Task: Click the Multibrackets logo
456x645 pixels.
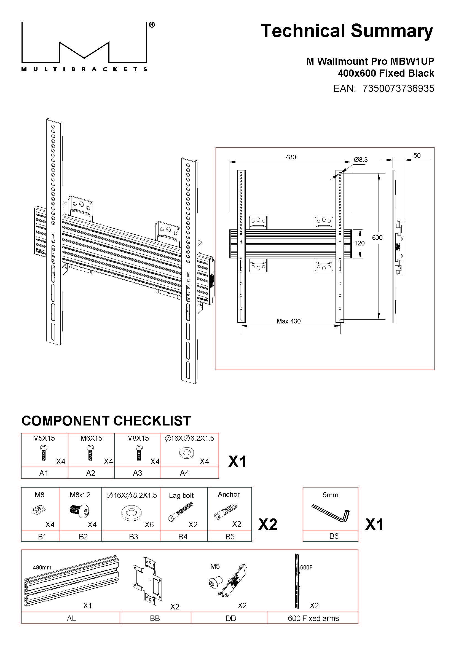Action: point(84,46)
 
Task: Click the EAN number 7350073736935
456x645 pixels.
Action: point(398,89)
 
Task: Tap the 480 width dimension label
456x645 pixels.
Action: point(291,157)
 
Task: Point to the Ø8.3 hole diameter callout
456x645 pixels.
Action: point(361,160)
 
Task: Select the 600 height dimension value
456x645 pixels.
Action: point(377,238)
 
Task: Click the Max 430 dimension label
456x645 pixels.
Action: point(289,321)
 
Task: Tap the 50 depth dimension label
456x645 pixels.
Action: point(417,155)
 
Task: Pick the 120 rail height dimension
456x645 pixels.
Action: point(360,243)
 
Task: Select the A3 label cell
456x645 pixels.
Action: point(138,473)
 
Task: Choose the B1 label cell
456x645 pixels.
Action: point(42,537)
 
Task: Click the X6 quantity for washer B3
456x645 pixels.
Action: point(149,524)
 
